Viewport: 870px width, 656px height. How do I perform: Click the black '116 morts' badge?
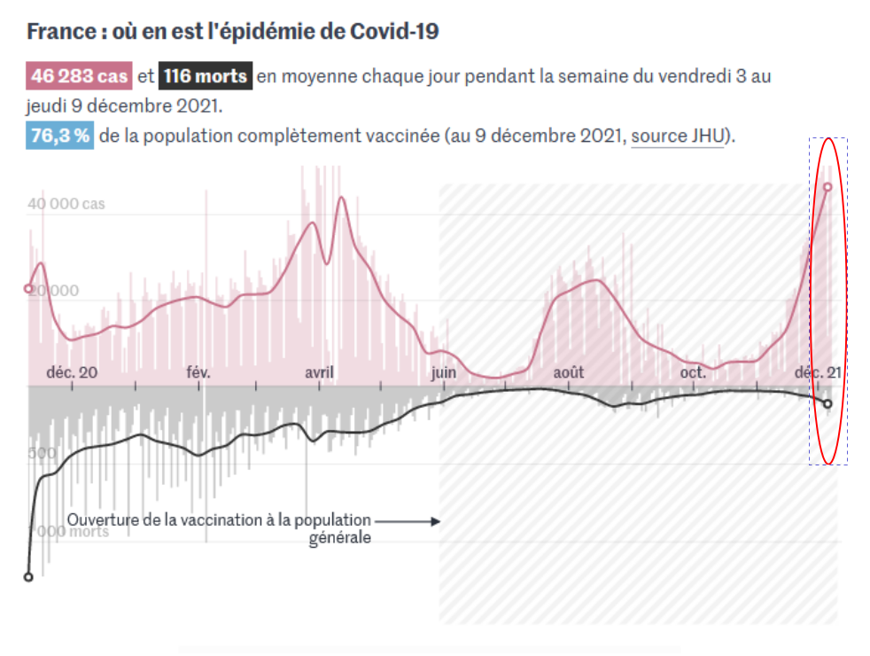[206, 76]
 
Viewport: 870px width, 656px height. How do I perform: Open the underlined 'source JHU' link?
[677, 137]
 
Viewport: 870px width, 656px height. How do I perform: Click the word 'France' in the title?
[59, 32]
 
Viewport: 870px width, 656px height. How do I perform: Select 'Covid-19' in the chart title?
[395, 32]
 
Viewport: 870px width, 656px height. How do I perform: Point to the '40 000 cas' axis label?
[66, 204]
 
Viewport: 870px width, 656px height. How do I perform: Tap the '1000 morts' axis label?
[70, 532]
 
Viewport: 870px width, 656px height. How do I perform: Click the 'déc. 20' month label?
[73, 372]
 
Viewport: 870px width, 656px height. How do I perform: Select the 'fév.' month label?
[198, 372]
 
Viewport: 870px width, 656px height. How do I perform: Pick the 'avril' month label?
[319, 372]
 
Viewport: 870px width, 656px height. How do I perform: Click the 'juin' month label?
[444, 372]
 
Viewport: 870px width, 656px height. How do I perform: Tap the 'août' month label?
[569, 372]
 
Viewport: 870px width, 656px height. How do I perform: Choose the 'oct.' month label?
[693, 372]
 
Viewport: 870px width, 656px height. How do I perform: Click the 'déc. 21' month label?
[817, 372]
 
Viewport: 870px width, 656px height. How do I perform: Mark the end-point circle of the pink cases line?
[827, 187]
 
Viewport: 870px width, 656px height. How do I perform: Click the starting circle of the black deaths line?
[28, 576]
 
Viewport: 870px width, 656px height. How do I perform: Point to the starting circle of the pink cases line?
[28, 288]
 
